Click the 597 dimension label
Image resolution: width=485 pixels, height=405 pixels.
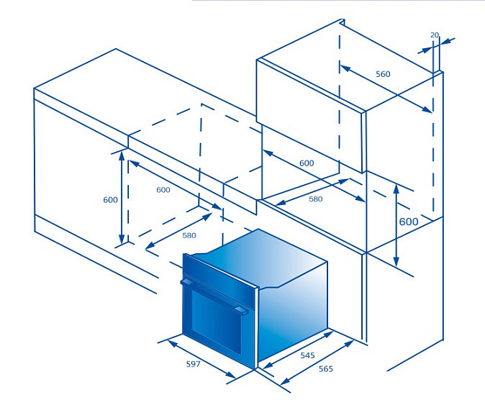(193, 364)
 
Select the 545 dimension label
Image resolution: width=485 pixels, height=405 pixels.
(307, 355)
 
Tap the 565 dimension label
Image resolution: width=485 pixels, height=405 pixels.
(326, 369)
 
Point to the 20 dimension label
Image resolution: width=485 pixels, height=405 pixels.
(435, 35)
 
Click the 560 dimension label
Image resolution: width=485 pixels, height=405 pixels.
(383, 74)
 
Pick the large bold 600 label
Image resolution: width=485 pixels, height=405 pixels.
(409, 222)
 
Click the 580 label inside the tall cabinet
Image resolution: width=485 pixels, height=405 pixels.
(315, 199)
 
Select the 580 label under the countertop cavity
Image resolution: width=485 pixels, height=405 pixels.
(189, 235)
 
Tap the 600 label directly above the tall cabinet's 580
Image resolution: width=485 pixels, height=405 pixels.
(307, 163)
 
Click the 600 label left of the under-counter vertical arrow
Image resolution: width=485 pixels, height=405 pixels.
(110, 200)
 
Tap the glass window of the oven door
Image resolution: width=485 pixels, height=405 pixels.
(216, 322)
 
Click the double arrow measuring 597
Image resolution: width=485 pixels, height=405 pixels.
(201, 359)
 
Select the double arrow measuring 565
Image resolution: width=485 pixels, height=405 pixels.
(317, 363)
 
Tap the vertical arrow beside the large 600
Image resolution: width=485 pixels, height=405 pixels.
(396, 225)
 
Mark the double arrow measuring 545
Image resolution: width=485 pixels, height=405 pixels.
(298, 350)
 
